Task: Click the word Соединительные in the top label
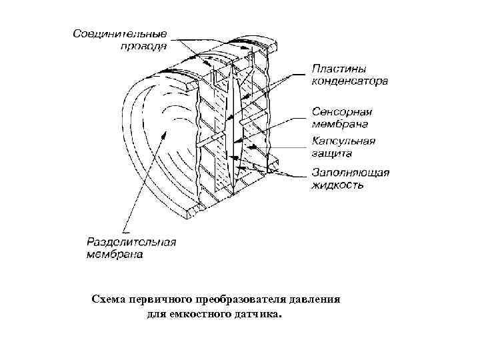pos(120,33)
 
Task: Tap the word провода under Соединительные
pos(144,47)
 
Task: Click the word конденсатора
pos(350,82)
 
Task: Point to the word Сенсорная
pos(342,111)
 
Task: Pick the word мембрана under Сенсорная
pos(342,123)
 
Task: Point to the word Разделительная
pos(131,241)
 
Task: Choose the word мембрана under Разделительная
pos(114,255)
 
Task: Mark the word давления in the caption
pos(317,299)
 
